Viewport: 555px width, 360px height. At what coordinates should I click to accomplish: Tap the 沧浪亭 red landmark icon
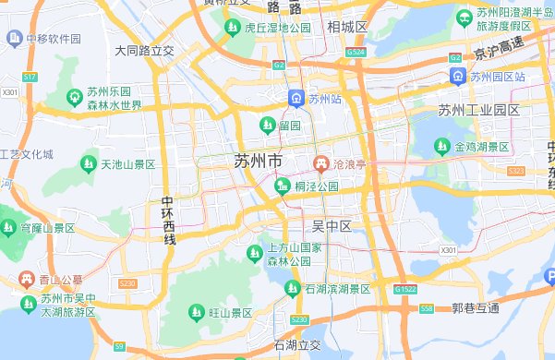coord(321,163)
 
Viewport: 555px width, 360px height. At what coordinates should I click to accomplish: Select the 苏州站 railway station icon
coord(296,98)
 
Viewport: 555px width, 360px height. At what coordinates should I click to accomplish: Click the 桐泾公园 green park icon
coord(283,187)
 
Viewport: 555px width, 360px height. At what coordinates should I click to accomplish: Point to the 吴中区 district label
coord(332,226)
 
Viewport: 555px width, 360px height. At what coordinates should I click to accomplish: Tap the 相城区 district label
coord(346,28)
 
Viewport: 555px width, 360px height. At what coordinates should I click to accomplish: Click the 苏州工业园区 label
coord(479,110)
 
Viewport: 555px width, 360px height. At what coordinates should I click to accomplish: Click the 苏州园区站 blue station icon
coord(457,75)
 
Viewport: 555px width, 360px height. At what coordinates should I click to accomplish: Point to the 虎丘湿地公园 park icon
coord(231,30)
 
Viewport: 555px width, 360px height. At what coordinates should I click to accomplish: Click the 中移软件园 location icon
coord(14,39)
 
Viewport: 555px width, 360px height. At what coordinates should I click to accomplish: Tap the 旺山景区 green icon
coord(196,313)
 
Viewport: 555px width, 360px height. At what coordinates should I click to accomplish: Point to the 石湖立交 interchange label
coord(296,345)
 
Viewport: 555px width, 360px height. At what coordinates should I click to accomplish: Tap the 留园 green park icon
coord(267,125)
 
